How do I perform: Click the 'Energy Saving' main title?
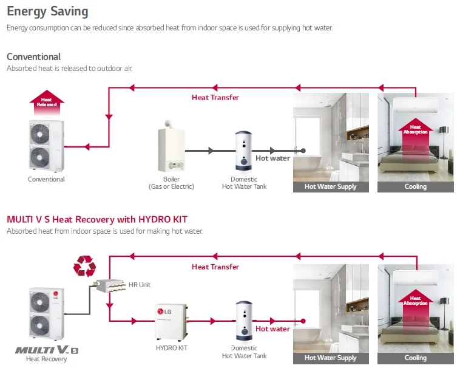point(47,12)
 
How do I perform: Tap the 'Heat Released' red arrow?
point(47,104)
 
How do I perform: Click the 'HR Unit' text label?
point(140,284)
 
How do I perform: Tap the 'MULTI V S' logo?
point(46,350)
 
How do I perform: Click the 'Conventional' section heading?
point(34,57)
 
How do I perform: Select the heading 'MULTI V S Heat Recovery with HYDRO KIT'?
point(97,219)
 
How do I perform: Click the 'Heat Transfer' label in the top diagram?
point(215,97)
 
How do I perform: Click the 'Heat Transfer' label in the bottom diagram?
point(215,267)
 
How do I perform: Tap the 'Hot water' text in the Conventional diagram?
point(272,158)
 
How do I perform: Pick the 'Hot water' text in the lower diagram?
point(272,329)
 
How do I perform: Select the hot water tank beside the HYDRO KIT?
point(244,321)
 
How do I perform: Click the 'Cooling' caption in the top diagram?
point(416,186)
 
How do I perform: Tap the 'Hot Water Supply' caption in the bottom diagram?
point(330,358)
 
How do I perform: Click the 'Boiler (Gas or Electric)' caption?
point(171,183)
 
